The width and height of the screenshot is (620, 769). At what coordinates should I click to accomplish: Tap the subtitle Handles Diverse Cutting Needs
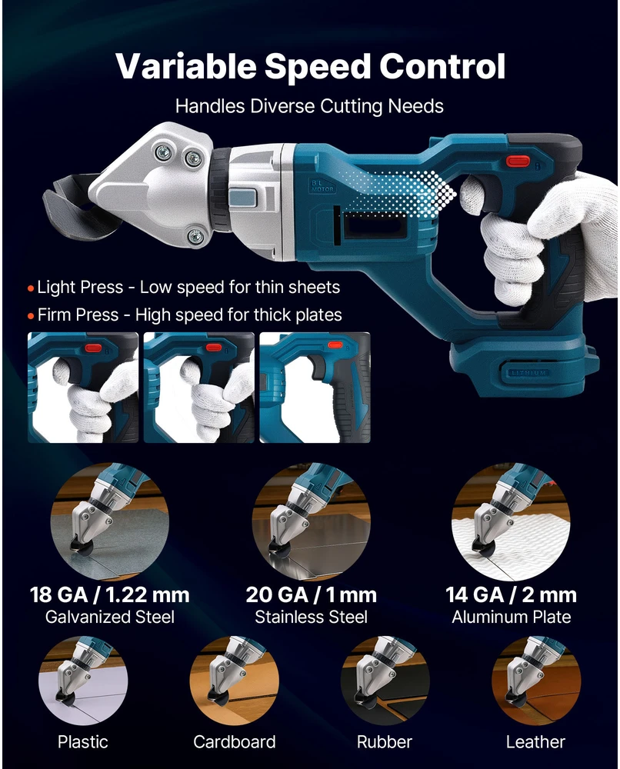309,106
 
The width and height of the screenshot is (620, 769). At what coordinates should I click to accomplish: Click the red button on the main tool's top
518,161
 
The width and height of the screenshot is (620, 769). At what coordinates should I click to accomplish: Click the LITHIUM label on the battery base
529,373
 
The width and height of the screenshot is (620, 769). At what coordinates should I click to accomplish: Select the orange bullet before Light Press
31,288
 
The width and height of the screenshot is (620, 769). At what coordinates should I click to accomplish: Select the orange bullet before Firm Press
31,316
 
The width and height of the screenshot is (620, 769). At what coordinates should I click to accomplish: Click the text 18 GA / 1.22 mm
109,594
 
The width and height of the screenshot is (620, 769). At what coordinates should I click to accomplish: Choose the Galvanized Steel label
110,617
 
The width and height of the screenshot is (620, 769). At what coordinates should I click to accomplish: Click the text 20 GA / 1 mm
311,594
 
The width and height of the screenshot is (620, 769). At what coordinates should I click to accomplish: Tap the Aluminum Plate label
511,617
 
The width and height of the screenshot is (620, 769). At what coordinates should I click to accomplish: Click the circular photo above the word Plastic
83,681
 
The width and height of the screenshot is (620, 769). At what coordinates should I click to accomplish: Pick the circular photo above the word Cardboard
234,681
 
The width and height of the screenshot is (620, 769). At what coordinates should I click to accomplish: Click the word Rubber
385,741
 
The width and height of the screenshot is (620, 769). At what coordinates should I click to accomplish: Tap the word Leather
535,741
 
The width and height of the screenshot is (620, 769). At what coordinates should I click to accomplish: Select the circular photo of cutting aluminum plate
511,522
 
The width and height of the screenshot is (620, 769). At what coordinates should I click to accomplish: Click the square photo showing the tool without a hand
315,388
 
